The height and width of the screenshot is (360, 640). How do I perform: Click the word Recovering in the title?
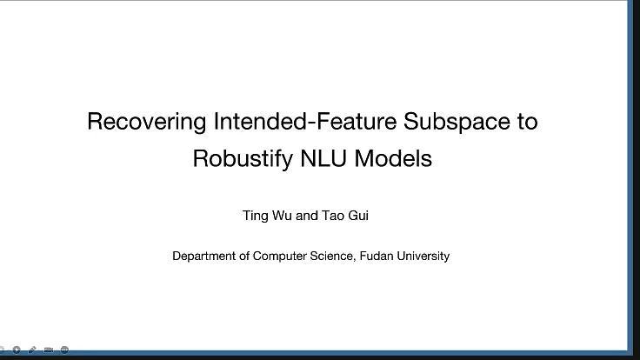click(146, 122)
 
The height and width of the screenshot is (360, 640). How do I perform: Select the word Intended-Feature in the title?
click(304, 122)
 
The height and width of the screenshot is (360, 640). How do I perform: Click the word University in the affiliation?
click(423, 257)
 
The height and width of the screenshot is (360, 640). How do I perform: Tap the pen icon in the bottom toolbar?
click(33, 350)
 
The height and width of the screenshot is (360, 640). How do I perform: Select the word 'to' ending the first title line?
click(527, 122)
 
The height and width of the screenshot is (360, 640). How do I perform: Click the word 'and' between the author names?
click(308, 216)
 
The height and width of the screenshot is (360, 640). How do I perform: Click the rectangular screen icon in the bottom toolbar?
click(49, 350)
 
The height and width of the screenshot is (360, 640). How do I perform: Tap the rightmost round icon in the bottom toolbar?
click(64, 350)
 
